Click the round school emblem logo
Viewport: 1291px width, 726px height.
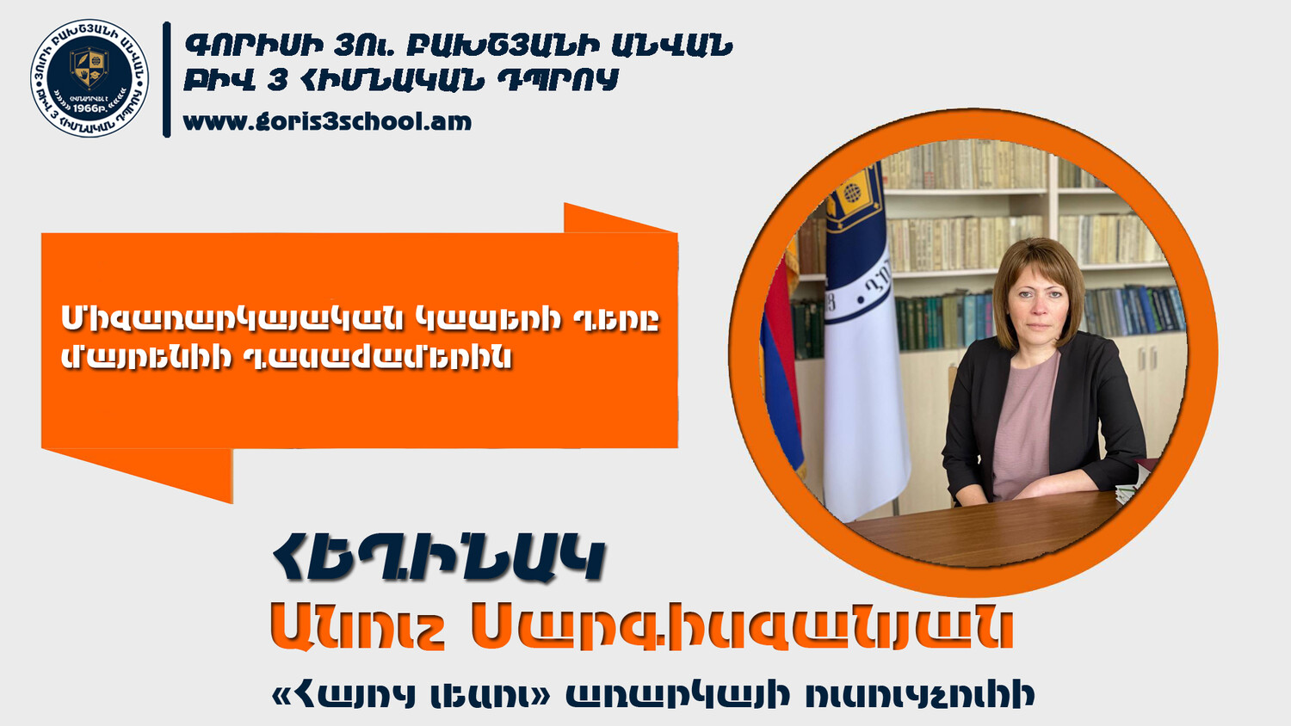90,77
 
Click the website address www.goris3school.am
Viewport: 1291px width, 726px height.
327,122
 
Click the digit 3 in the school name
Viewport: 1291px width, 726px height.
277,80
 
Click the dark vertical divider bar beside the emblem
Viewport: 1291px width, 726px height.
167,79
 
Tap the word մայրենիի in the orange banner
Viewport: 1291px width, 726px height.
146,358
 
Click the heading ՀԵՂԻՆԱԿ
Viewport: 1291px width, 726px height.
438,559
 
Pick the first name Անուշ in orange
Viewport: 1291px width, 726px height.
357,627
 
